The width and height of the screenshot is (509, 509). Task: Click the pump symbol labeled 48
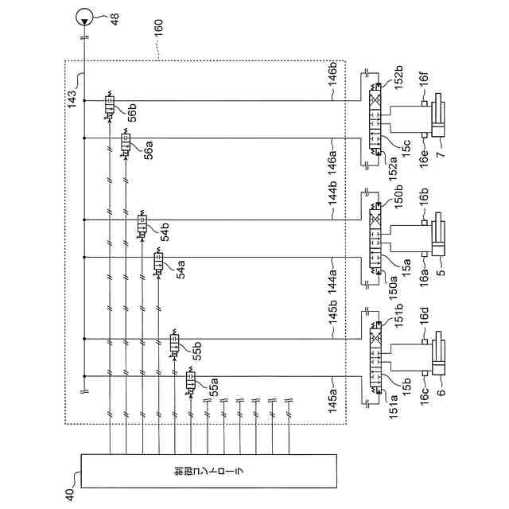[x=83, y=16]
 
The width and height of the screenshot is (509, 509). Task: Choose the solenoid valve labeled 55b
[x=174, y=344]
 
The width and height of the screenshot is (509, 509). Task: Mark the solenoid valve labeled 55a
[x=191, y=381]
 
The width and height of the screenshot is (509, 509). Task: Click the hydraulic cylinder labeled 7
[x=439, y=121]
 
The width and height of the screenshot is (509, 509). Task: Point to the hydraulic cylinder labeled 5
[x=439, y=239]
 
